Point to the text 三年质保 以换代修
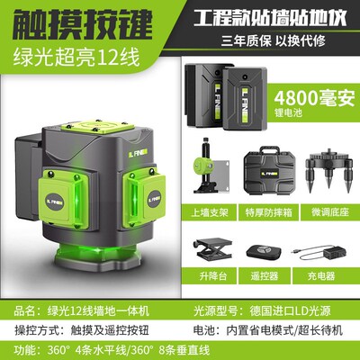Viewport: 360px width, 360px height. [x=270, y=39]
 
